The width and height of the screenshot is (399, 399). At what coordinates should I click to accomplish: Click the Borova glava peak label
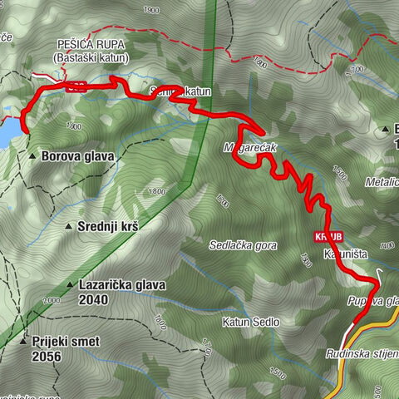point(82,155)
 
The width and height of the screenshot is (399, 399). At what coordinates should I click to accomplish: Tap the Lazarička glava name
point(122,284)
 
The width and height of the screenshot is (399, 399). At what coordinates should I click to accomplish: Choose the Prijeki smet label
point(69,341)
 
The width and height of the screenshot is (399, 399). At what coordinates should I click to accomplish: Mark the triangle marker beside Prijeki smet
point(22,341)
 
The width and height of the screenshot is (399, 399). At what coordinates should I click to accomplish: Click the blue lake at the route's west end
point(7,131)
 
